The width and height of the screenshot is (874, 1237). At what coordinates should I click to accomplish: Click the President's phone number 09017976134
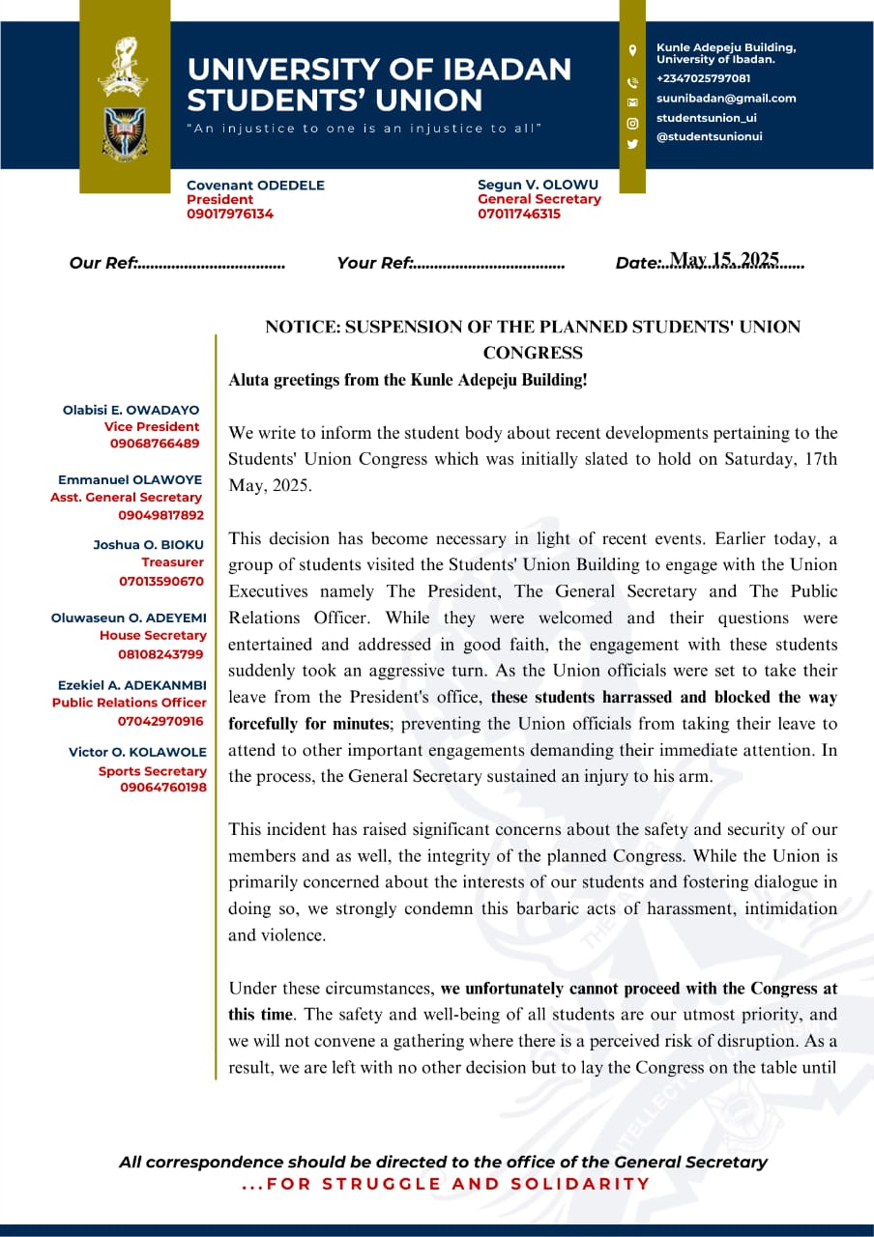[x=230, y=215]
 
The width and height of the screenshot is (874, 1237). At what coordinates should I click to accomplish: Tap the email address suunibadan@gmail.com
[x=726, y=98]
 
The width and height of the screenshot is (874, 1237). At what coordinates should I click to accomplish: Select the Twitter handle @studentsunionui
[x=709, y=136]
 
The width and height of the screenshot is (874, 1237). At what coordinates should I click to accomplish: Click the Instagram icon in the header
[x=632, y=124]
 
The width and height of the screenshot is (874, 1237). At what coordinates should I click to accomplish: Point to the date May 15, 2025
[x=724, y=260]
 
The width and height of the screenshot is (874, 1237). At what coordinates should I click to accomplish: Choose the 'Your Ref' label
[x=374, y=263]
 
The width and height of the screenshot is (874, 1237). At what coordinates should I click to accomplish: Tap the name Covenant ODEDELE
[x=255, y=185]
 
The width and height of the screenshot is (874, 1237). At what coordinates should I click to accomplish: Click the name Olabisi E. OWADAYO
[x=131, y=410]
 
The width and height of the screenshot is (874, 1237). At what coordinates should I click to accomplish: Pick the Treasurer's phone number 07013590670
[x=161, y=582]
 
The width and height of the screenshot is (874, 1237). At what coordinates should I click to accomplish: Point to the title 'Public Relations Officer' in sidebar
[x=130, y=703]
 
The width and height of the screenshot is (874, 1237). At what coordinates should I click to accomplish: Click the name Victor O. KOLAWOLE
[x=137, y=752]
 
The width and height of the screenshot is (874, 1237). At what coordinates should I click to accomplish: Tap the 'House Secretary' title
[x=153, y=636]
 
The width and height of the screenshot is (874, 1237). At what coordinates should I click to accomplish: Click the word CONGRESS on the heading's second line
[x=533, y=353]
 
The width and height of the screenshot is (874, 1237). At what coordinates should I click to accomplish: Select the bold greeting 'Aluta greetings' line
[x=407, y=380]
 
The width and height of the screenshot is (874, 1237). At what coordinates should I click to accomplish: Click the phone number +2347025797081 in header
[x=703, y=78]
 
